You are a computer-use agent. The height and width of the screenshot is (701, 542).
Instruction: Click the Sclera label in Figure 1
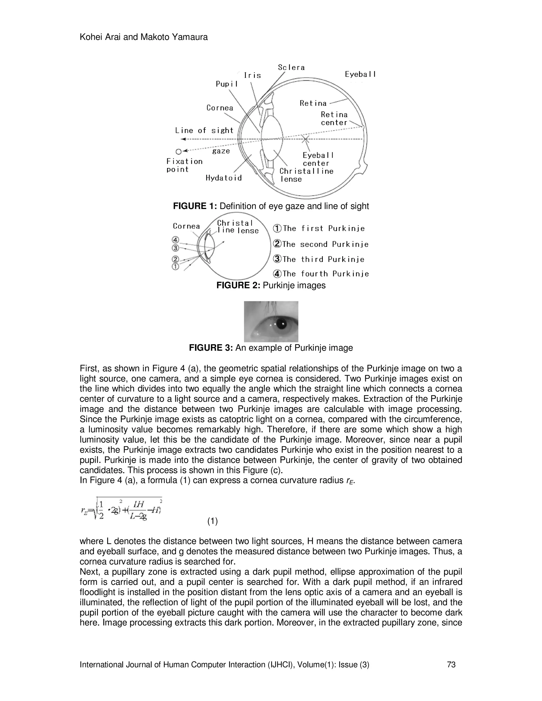click(x=291, y=67)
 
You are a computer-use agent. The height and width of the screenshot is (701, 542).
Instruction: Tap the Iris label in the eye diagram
click(x=252, y=75)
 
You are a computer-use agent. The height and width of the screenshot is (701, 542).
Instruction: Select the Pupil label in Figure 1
click(x=227, y=84)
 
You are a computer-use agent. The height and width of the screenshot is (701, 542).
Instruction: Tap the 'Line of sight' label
click(x=204, y=130)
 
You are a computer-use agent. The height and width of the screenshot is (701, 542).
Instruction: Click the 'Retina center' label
click(x=334, y=119)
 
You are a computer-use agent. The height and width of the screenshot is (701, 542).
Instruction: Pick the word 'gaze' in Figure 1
click(x=221, y=151)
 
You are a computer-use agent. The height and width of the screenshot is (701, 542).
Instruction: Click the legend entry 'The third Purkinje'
click(x=319, y=259)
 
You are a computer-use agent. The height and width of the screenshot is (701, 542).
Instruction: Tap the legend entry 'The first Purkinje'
click(x=319, y=229)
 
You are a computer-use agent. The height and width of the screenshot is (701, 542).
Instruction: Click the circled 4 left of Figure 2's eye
click(x=175, y=240)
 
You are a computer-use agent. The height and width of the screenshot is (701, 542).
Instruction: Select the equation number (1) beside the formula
click(x=212, y=521)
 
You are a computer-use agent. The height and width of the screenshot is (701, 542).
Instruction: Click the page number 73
click(x=451, y=664)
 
